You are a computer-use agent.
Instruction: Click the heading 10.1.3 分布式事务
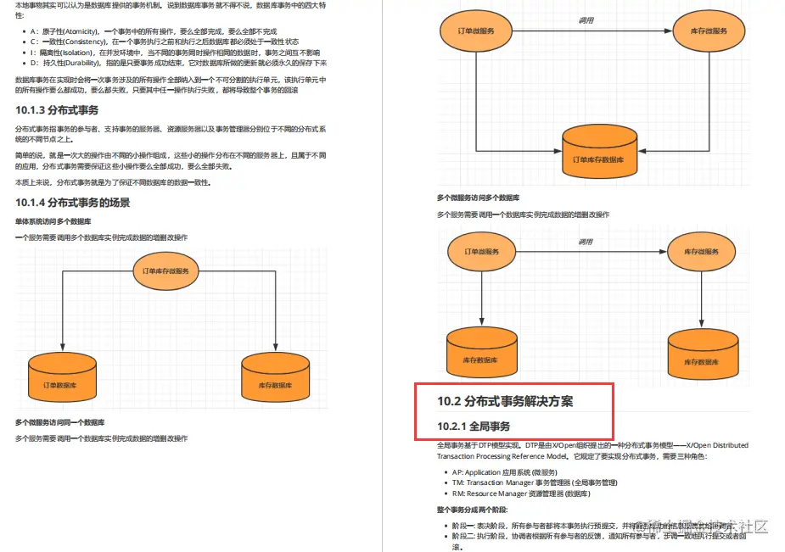coord(57,110)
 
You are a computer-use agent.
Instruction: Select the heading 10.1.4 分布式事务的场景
coord(73,203)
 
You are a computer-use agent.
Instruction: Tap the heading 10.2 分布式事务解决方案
coord(505,401)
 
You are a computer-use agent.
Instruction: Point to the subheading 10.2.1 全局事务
coord(474,425)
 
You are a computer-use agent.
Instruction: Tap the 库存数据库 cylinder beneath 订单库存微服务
coord(275,376)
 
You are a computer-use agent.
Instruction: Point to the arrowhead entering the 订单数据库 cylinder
coord(62,348)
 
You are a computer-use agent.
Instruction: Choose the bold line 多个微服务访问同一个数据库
coord(59,421)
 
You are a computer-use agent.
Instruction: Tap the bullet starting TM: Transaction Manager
coord(535,482)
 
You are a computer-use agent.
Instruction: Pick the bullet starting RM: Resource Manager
coord(522,493)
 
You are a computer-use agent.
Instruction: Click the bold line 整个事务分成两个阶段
coord(473,510)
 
